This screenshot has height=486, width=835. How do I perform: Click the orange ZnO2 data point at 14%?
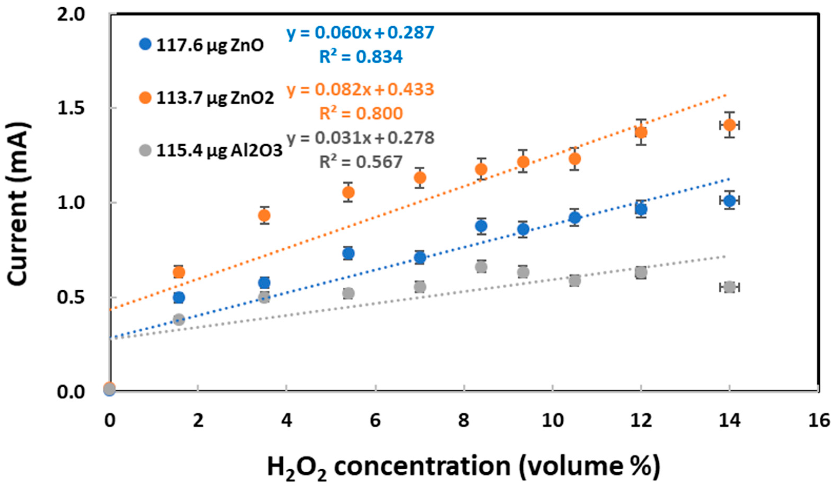(729, 125)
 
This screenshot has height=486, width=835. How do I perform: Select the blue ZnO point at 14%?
(729, 200)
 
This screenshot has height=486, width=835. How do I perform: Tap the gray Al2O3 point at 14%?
(729, 287)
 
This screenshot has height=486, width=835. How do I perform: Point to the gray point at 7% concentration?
(420, 287)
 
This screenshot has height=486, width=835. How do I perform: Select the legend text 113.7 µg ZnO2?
(215, 98)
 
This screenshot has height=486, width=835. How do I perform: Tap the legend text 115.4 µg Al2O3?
(219, 151)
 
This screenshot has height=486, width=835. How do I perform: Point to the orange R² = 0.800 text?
(361, 114)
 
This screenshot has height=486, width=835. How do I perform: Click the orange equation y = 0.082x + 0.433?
(360, 89)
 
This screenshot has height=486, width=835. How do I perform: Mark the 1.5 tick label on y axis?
(71, 108)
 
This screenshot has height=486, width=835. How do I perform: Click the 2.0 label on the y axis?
(71, 15)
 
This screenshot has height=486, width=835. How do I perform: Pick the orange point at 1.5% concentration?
(179, 272)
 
